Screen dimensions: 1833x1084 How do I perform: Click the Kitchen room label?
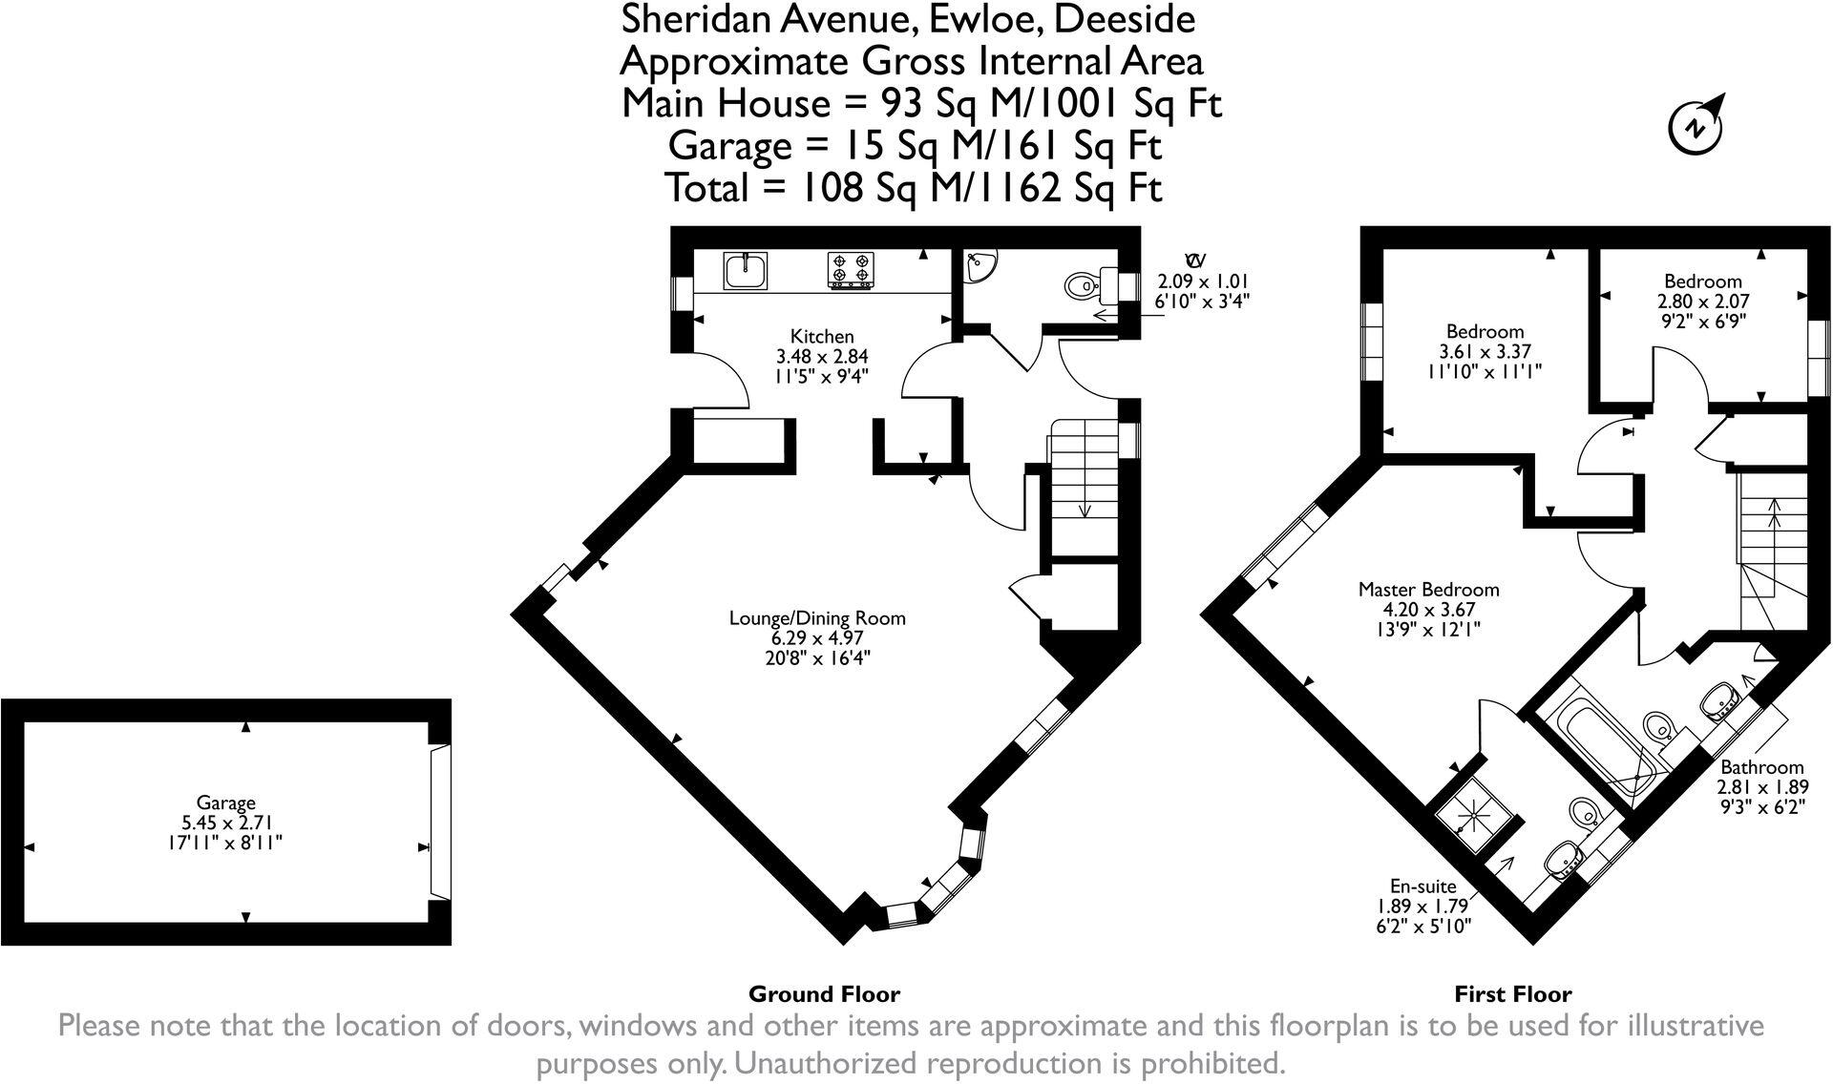[822, 336]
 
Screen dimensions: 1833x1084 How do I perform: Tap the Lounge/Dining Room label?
[817, 617]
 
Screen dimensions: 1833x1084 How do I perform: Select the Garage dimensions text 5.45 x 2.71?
[226, 823]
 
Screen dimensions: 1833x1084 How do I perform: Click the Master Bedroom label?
[1429, 590]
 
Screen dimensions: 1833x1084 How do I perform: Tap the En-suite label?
[1423, 886]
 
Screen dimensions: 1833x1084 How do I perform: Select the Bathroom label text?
[1762, 767]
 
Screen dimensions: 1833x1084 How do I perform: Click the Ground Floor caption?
[824, 994]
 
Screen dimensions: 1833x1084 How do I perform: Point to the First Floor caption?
[1513, 994]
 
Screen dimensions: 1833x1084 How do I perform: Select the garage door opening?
[439, 823]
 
